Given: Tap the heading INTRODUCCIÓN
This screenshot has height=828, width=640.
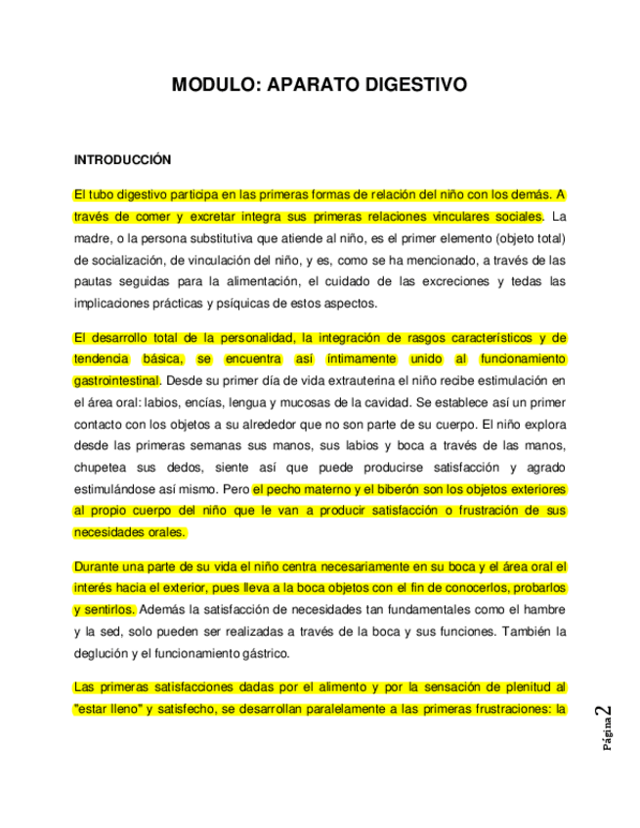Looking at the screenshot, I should [122, 158].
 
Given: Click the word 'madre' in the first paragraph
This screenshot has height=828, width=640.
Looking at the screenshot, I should [93, 237].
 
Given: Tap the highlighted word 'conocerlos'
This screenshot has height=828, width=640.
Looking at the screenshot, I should [469, 587].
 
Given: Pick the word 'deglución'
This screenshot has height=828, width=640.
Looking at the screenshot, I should [103, 653].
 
